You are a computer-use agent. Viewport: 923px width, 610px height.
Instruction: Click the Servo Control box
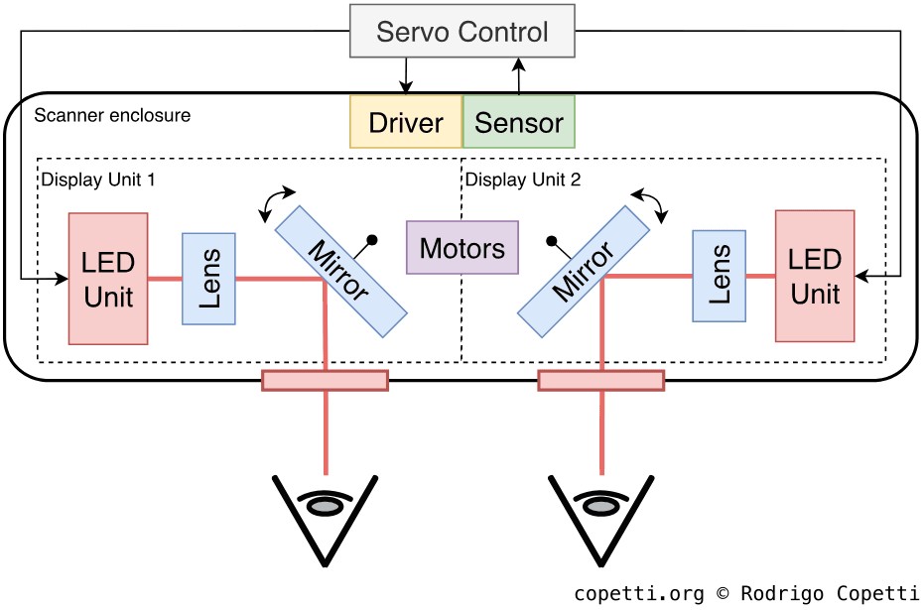click(461, 32)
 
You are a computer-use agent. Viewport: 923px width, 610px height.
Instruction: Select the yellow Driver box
click(406, 122)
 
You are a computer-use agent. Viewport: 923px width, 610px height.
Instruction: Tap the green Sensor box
click(519, 122)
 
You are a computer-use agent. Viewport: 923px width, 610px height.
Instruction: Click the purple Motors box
click(462, 247)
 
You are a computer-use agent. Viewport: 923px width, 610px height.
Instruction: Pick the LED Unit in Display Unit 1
click(109, 278)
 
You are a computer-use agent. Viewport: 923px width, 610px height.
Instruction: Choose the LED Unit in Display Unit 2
click(815, 276)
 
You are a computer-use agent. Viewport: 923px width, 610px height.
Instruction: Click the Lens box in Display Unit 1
click(208, 279)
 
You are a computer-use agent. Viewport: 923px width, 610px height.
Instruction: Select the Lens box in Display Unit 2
click(720, 275)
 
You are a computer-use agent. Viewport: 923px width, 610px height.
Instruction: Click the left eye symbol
click(325, 506)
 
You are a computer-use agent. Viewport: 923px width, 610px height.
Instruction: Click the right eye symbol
click(600, 506)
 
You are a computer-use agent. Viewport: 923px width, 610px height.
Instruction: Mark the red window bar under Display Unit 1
click(325, 380)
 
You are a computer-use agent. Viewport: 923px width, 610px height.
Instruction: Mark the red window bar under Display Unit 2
click(600, 380)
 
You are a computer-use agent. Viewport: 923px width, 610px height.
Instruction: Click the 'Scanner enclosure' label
click(112, 115)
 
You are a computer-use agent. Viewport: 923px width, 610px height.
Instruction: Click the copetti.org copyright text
click(746, 593)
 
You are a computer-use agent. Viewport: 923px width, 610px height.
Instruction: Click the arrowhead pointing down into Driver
click(405, 88)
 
